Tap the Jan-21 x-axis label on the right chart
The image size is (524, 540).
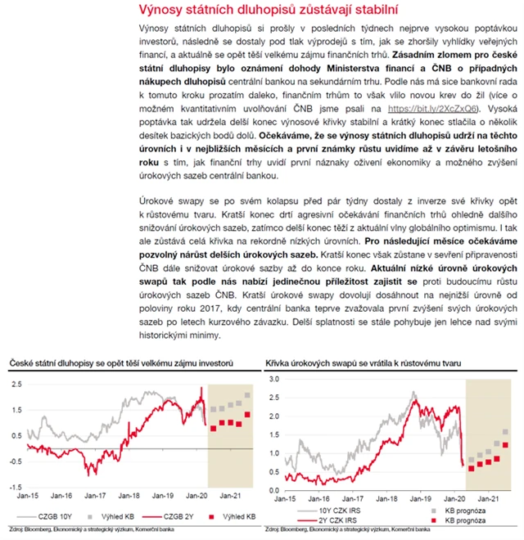[x=490, y=497]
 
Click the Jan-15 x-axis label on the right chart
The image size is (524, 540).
[x=287, y=497]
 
